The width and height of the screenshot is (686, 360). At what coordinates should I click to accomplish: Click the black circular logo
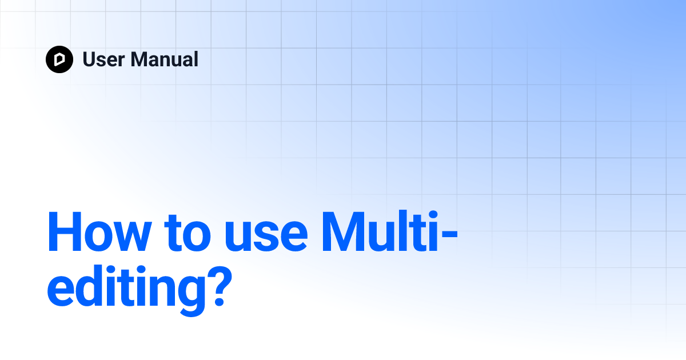59,59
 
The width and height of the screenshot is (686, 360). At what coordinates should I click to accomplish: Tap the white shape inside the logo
59,59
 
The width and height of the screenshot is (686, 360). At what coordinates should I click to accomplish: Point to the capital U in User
90,59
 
